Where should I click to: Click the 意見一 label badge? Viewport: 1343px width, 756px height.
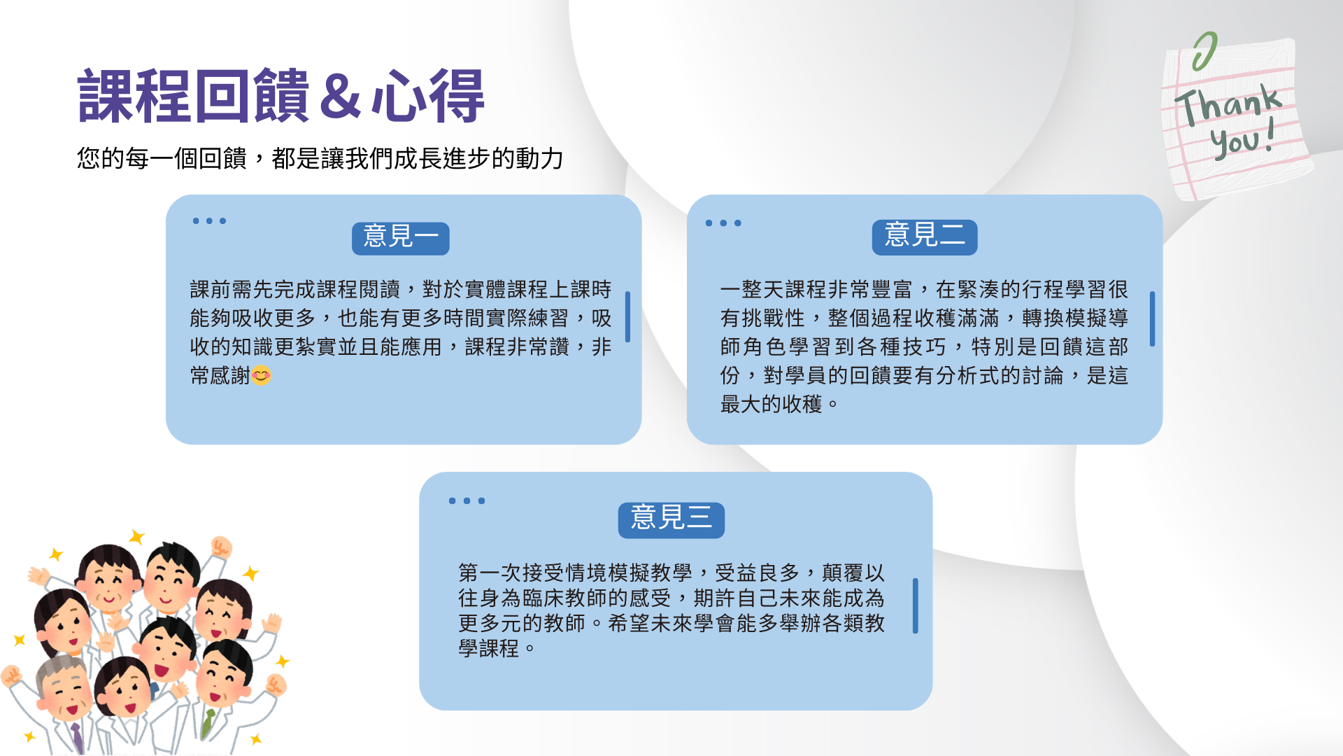pyautogui.click(x=400, y=238)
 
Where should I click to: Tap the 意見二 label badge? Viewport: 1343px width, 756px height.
pyautogui.click(x=924, y=237)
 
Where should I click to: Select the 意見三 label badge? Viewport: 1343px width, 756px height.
pyautogui.click(x=671, y=520)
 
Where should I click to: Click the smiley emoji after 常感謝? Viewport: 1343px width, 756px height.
pyautogui.click(x=261, y=376)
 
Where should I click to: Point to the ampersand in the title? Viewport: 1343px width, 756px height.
pyautogui.click(x=341, y=96)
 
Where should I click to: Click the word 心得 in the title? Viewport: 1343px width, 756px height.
pyautogui.click(x=427, y=96)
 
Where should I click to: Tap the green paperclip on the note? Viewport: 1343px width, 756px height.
pyautogui.click(x=1205, y=51)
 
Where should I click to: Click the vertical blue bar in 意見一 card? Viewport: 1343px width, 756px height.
pyautogui.click(x=627, y=316)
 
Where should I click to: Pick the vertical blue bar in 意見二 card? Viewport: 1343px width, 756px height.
pyautogui.click(x=1152, y=318)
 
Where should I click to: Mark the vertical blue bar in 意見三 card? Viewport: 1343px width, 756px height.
pyautogui.click(x=915, y=605)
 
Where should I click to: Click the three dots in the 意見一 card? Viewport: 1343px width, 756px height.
pyautogui.click(x=209, y=221)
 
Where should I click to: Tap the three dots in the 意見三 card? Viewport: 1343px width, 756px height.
pyautogui.click(x=467, y=501)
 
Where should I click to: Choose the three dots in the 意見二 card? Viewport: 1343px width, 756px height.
pyautogui.click(x=723, y=223)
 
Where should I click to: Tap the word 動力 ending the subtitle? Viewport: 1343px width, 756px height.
pyautogui.click(x=539, y=159)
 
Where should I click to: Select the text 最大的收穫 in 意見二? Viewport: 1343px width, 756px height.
pyautogui.click(x=771, y=405)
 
